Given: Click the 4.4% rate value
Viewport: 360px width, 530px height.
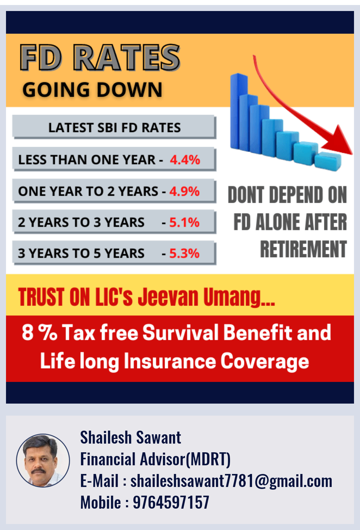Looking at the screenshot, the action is pos(185,160).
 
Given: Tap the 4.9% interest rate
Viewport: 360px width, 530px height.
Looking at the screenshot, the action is pos(184,191).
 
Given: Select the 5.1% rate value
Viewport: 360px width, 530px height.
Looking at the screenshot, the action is pos(184,222).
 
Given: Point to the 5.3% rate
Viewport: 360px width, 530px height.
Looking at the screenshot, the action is pos(184,253).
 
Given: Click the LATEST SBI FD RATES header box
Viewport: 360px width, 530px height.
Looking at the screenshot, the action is pos(114,127).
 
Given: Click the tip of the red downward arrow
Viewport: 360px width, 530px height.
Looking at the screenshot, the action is pos(352,154).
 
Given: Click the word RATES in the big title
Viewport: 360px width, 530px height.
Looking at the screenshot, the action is pos(127,57).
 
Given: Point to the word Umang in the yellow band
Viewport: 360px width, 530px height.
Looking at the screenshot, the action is pos(239,298).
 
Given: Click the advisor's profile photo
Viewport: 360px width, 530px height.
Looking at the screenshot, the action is pos(43,460).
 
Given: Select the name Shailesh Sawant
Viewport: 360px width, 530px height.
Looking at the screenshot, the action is pos(131,437).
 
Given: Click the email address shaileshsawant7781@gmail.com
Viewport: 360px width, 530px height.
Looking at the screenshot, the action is pos(231,481).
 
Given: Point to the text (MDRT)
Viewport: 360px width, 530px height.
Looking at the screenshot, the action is pos(208,459).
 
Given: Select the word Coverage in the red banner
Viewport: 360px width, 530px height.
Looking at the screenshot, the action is pos(265,362).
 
